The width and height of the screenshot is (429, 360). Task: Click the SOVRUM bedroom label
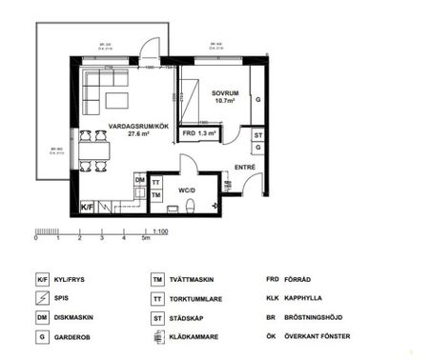(x=225, y=91)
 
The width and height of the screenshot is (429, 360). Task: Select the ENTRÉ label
(x=245, y=168)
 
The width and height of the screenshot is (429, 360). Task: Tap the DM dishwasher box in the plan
(x=139, y=179)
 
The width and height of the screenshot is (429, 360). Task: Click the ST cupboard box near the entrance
(x=257, y=136)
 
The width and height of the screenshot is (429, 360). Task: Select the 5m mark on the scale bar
(x=145, y=239)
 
